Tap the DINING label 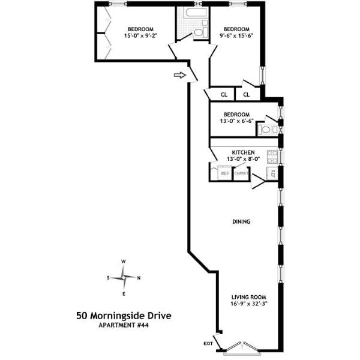241,222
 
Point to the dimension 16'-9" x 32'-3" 249,304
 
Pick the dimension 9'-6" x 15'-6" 236,36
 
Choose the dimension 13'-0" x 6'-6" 236,121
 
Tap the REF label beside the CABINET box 225,173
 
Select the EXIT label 208,343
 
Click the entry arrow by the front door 178,75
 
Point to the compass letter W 124,262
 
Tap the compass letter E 124,293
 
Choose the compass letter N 139,278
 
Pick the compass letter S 108,278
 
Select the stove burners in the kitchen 272,156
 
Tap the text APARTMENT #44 124,325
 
